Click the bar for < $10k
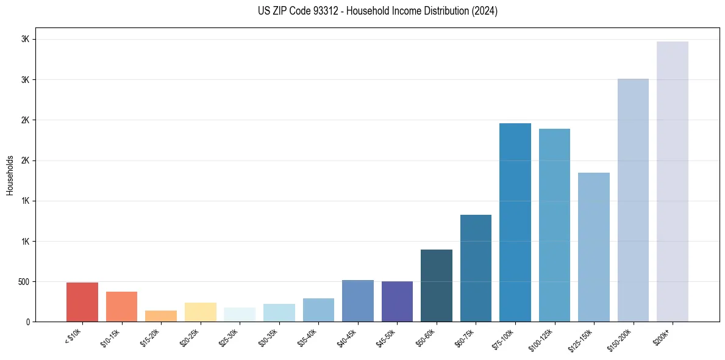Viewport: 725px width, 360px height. tap(82, 302)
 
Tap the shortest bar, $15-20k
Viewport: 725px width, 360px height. tap(161, 316)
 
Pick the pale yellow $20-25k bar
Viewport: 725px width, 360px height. tap(200, 312)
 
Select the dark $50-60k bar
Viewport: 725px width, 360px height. tap(437, 286)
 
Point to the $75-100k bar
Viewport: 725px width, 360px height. tap(515, 222)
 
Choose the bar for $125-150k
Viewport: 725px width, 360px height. tap(594, 247)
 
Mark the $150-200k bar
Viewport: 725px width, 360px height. tap(633, 200)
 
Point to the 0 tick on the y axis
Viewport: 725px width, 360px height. tap(28, 322)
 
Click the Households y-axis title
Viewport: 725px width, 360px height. tap(10, 175)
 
